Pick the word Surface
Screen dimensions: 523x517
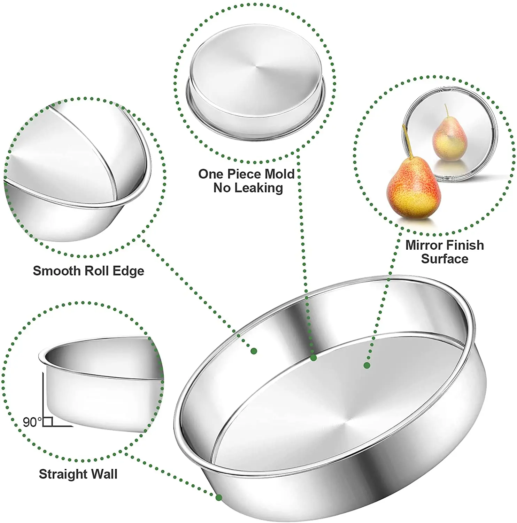coord(445,259)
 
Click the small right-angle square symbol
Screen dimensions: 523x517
coord(48,422)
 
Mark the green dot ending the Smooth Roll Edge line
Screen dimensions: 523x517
coord(254,351)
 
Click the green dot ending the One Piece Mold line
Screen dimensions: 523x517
coord(314,357)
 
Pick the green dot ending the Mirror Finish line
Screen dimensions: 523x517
coord(367,365)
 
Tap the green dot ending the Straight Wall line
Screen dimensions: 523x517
coord(219,498)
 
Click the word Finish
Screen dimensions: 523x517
coord(464,245)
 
